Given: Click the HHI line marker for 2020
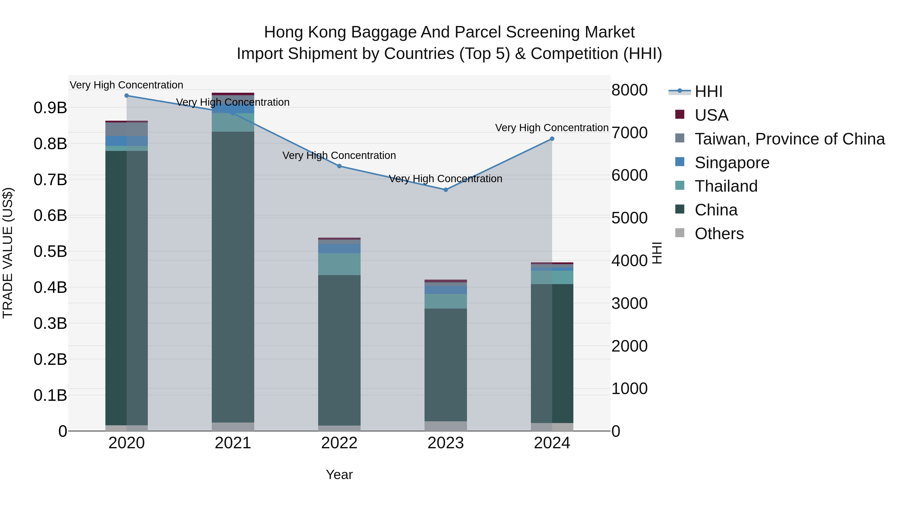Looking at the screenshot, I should pos(127,96).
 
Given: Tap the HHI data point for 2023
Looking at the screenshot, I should pos(446,190).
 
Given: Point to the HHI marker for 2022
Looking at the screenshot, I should pos(339,166).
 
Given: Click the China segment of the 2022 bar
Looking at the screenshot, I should pos(339,349).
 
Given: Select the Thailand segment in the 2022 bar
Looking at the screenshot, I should pos(339,264).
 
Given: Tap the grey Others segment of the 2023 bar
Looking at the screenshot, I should pos(446,426).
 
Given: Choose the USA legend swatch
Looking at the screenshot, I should pos(680,114).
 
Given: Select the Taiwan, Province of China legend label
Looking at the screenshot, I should pos(789,139).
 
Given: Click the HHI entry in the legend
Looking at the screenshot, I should pos(708,91).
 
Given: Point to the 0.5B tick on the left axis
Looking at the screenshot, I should pos(50,251).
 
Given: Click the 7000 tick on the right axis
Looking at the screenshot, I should pos(629,133).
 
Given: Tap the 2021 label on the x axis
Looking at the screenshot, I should pos(233,443).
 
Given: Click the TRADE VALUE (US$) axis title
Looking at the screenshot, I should pos(8,253).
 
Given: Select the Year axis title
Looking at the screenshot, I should pos(339,475).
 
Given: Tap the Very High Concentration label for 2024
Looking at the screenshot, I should pos(552,128).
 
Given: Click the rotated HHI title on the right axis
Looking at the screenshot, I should pos(657,253).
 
